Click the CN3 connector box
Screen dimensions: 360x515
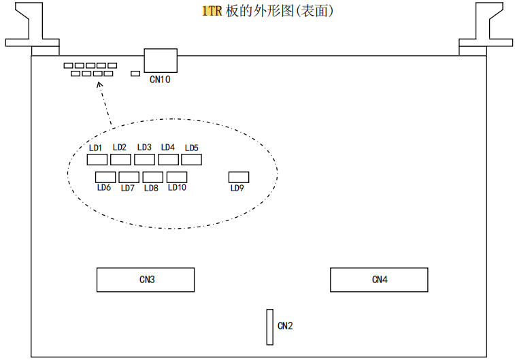145,280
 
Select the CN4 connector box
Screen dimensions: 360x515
379,280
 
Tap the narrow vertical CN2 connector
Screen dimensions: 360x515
270,327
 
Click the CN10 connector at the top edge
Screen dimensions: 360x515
161,61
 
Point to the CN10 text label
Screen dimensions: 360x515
160,80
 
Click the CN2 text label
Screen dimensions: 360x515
285,326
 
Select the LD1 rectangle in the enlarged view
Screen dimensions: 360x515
97,160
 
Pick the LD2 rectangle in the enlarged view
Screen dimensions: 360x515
120,160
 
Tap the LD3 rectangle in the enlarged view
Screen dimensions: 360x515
144,160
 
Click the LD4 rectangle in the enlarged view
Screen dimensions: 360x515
168,160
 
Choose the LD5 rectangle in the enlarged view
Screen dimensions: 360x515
192,160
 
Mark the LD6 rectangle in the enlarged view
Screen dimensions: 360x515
105,177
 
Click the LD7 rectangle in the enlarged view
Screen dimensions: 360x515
129,177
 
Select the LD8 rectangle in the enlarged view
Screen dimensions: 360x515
152,177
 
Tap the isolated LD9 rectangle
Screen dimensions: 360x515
239,177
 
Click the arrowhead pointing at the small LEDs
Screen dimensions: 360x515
100,86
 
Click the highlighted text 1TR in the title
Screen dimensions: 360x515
212,12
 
